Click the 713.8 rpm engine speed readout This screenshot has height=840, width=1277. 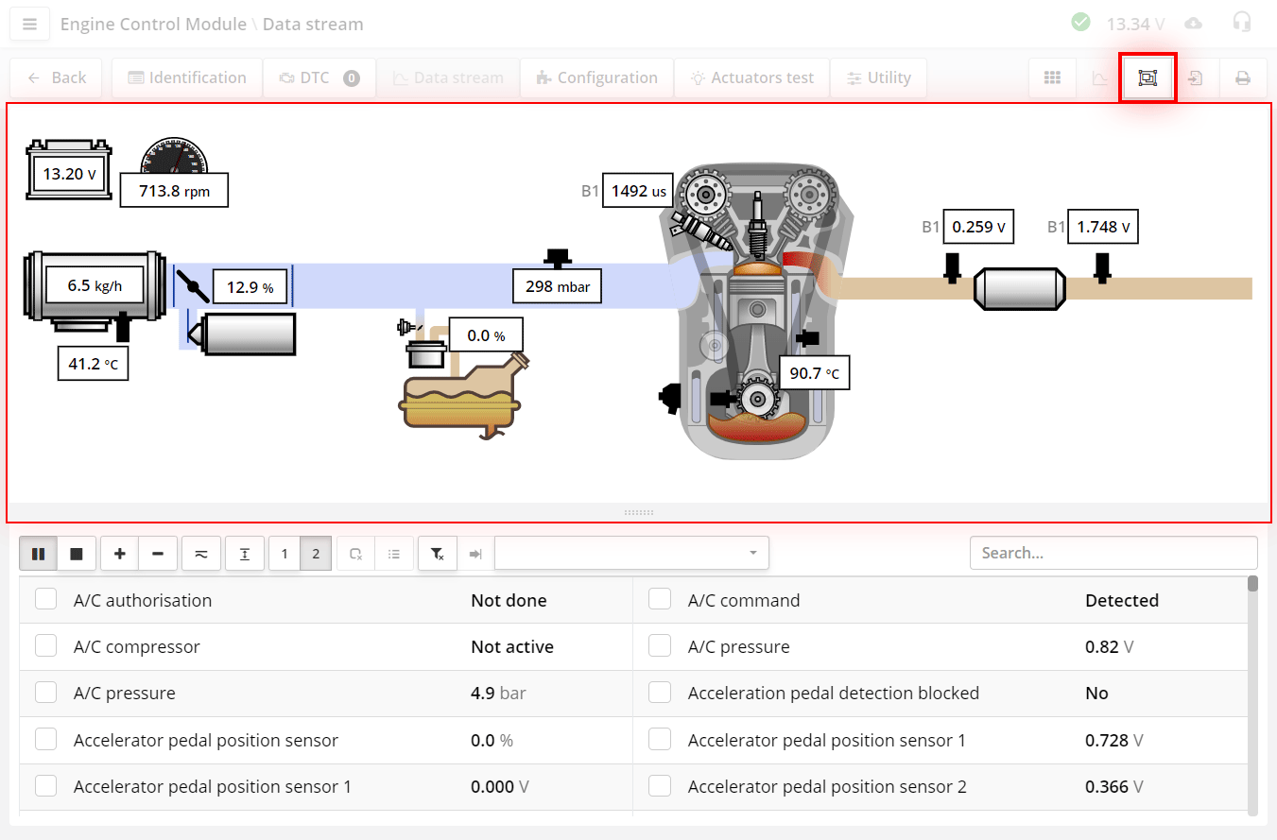174,190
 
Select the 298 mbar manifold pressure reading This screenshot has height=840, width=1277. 557,285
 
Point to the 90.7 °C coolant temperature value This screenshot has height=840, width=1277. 814,373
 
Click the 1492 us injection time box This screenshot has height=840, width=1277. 638,191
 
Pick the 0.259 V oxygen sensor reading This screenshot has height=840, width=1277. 978,227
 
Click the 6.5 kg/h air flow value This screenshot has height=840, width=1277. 95,284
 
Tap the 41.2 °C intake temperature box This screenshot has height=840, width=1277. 93,363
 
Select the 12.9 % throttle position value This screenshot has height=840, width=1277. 250,287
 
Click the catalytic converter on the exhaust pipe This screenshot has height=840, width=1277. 1020,288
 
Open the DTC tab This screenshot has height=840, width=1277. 319,78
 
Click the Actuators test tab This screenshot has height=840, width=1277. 751,78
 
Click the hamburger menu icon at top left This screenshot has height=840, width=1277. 29,25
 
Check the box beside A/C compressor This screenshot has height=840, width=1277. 46,646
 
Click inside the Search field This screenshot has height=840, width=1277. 1113,553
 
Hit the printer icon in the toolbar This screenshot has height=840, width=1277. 1242,78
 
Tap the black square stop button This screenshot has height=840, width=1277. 77,554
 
